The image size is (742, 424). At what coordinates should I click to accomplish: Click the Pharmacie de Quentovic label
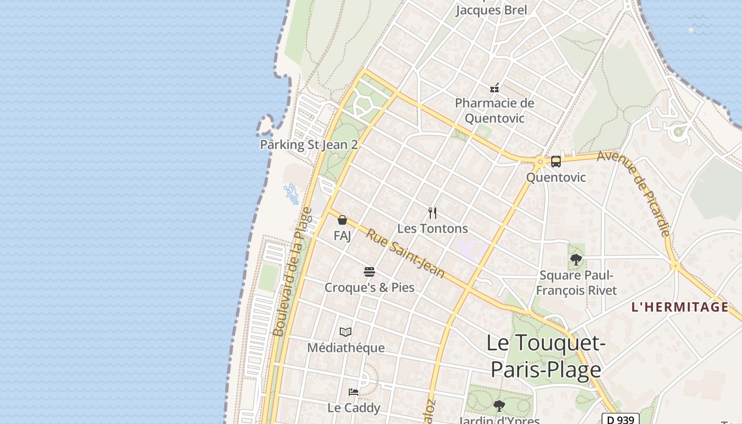[494, 110]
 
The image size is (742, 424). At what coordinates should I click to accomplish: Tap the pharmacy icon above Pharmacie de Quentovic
[494, 88]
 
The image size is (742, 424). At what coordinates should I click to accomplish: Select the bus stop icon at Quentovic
[555, 162]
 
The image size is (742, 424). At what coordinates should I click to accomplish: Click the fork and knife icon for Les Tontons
[432, 213]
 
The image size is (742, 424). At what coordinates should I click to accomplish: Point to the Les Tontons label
[432, 228]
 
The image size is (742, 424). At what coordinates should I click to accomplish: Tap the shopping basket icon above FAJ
[342, 220]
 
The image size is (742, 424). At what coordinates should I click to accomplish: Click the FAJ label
[342, 235]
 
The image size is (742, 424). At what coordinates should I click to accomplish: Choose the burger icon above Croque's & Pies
[369, 272]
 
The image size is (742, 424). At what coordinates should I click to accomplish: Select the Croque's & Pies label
[369, 287]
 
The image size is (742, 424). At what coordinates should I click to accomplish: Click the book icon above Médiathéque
[346, 332]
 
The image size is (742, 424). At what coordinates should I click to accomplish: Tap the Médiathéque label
[346, 348]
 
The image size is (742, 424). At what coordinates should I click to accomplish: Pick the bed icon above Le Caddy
[354, 392]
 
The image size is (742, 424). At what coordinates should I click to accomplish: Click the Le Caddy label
[354, 408]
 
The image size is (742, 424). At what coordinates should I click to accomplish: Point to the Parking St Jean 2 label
[309, 145]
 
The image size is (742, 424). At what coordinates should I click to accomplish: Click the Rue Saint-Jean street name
[405, 253]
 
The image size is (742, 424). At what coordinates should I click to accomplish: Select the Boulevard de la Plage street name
[292, 272]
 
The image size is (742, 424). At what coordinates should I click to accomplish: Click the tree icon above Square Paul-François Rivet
[576, 260]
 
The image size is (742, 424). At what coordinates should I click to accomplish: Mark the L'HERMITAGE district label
[680, 307]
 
